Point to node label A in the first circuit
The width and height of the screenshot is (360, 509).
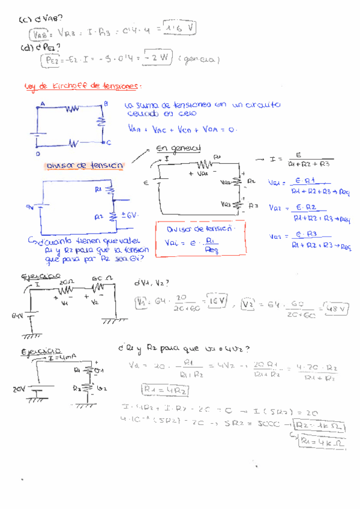click(43, 103)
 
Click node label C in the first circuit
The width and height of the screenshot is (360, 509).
click(108, 142)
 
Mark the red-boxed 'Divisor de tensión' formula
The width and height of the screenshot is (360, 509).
click(200, 238)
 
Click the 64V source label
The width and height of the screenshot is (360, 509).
click(18, 314)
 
